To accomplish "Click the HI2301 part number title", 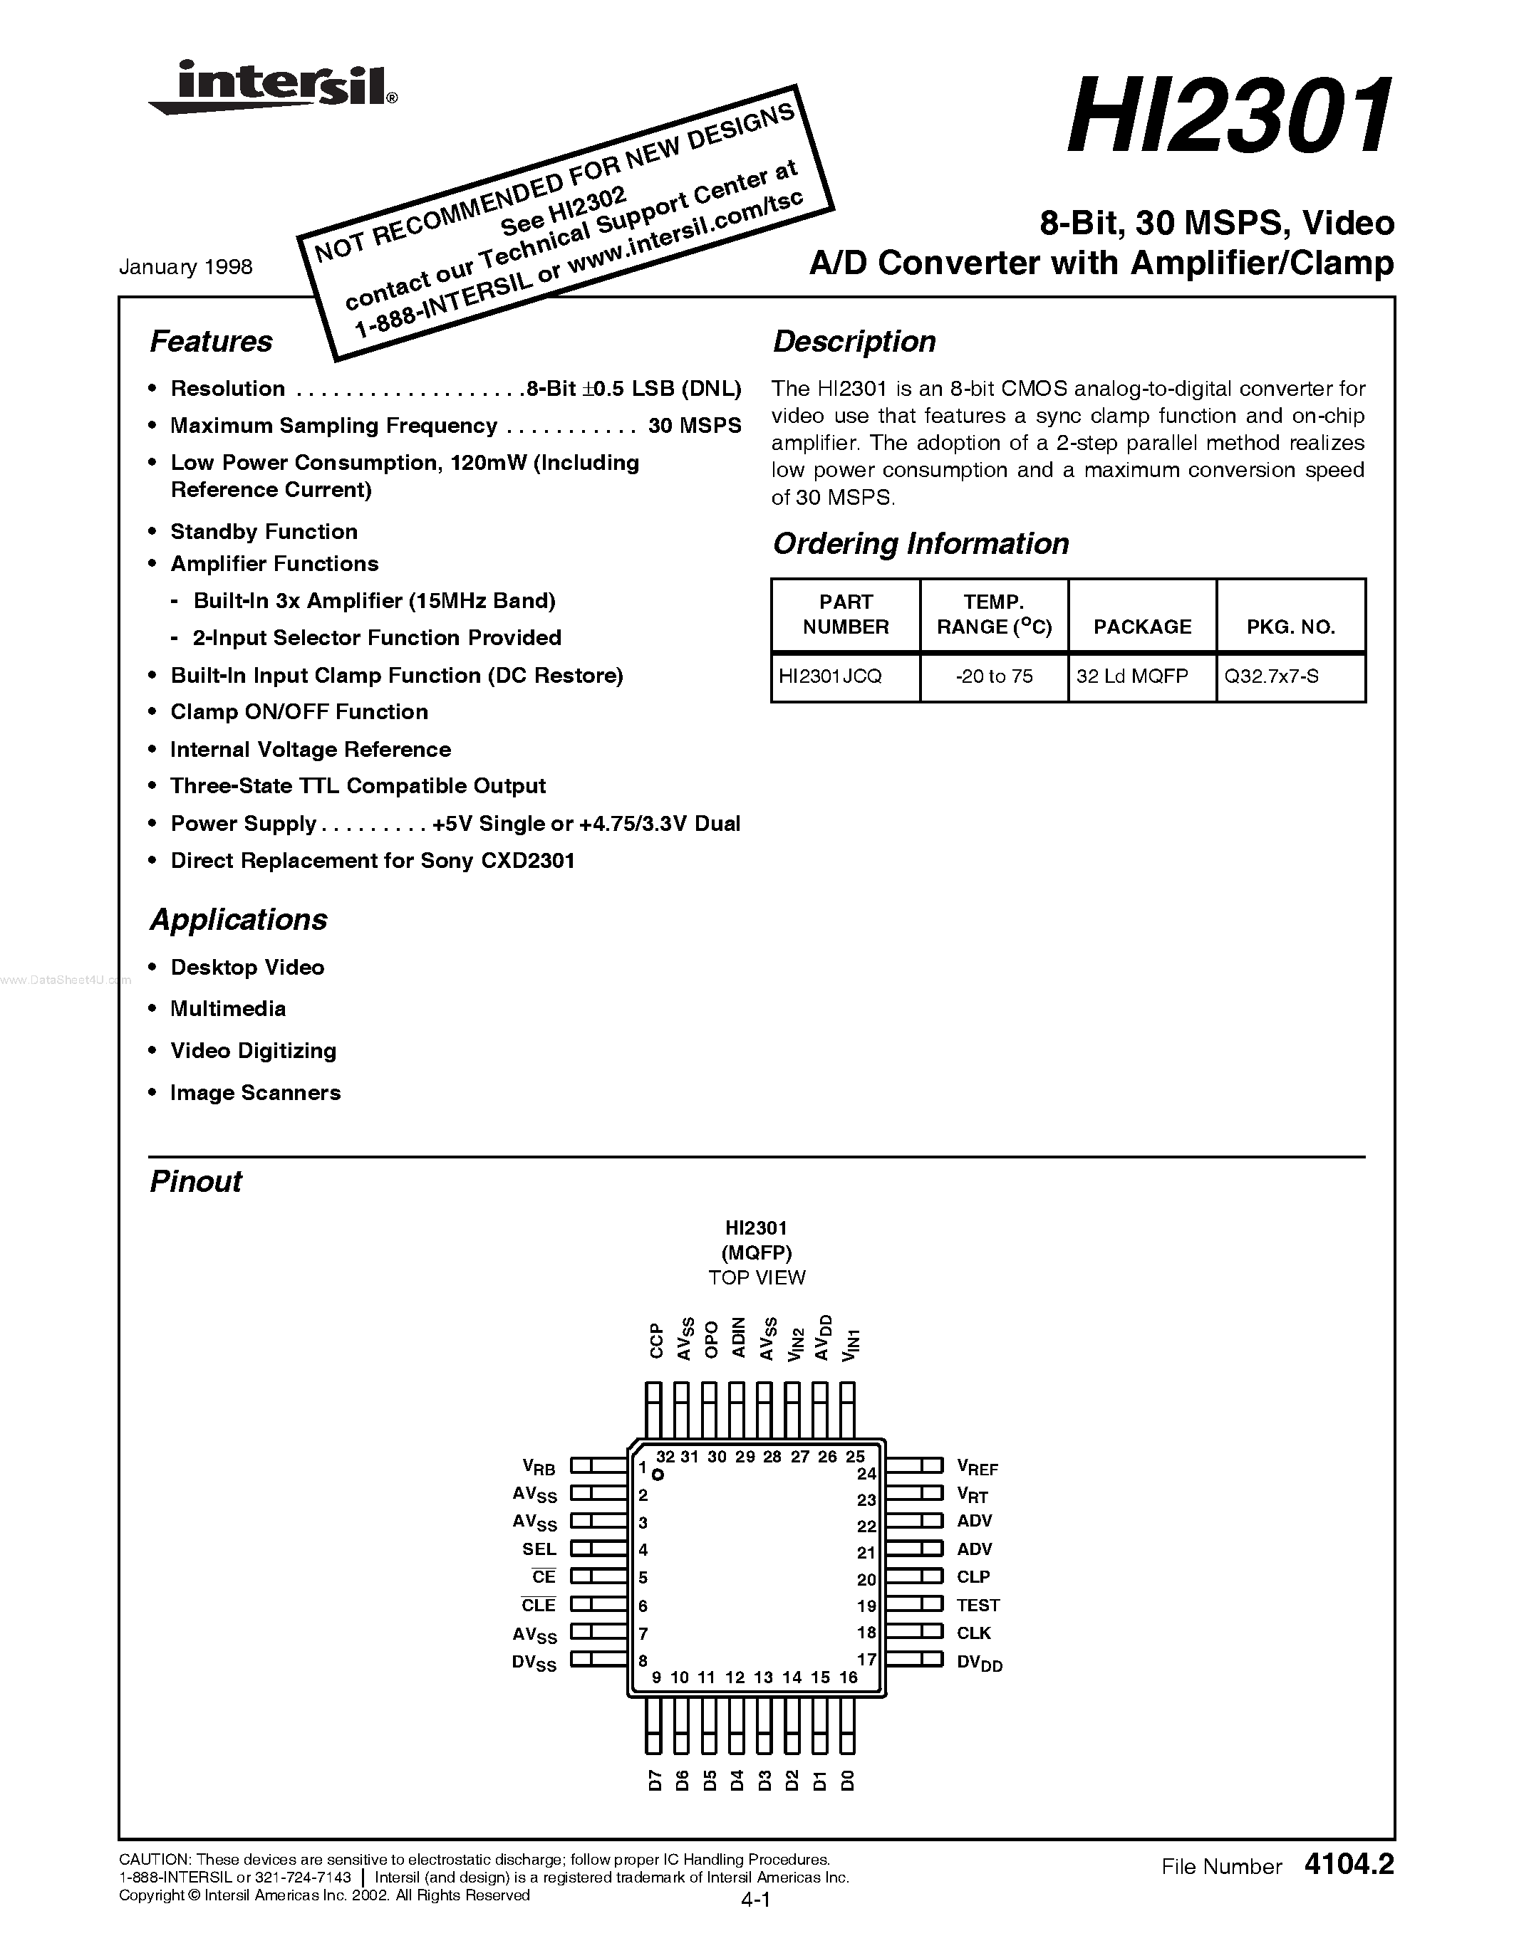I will (1230, 117).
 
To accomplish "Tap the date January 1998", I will (186, 267).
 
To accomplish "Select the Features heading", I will (211, 342).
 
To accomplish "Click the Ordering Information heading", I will (921, 543).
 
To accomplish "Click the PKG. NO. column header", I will (1291, 627).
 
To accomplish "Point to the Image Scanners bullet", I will (256, 1092).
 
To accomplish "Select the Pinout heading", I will (195, 1182).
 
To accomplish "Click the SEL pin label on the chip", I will (539, 1549).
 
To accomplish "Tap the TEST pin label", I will (978, 1605).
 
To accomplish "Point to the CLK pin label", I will (973, 1633).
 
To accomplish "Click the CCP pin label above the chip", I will (655, 1340).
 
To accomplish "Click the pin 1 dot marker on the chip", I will (658, 1475).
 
